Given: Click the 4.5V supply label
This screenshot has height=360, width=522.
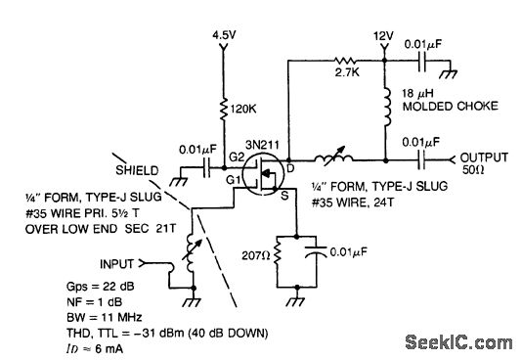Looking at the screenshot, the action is (x=224, y=34).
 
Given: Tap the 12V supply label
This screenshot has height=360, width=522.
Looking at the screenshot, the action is (x=383, y=36).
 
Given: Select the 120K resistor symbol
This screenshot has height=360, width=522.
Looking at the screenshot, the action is (x=224, y=109).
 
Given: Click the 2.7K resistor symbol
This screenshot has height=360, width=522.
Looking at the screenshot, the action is (x=345, y=62).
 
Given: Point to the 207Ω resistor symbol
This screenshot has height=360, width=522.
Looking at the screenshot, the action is (x=278, y=254).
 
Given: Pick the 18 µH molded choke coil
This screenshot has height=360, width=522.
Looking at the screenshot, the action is (x=386, y=107).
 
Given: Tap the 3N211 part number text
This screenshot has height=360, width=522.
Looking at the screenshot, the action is (x=262, y=145).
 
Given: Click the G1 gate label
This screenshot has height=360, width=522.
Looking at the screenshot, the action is (x=233, y=180).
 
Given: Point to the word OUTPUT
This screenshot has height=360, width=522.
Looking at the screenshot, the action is (x=484, y=157).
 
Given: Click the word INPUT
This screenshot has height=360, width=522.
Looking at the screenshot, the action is (x=117, y=264).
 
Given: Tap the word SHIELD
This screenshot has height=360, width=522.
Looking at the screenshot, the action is (x=137, y=170).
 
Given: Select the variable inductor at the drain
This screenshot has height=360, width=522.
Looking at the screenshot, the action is (x=334, y=159).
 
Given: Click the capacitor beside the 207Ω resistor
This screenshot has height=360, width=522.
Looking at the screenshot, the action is (x=316, y=250).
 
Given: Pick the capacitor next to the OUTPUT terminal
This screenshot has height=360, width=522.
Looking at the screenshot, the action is (x=421, y=160).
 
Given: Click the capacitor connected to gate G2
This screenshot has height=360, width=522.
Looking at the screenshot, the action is (x=207, y=167).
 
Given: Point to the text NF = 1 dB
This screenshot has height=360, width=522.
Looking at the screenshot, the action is (x=95, y=301).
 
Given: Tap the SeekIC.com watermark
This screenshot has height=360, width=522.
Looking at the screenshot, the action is (x=458, y=342).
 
